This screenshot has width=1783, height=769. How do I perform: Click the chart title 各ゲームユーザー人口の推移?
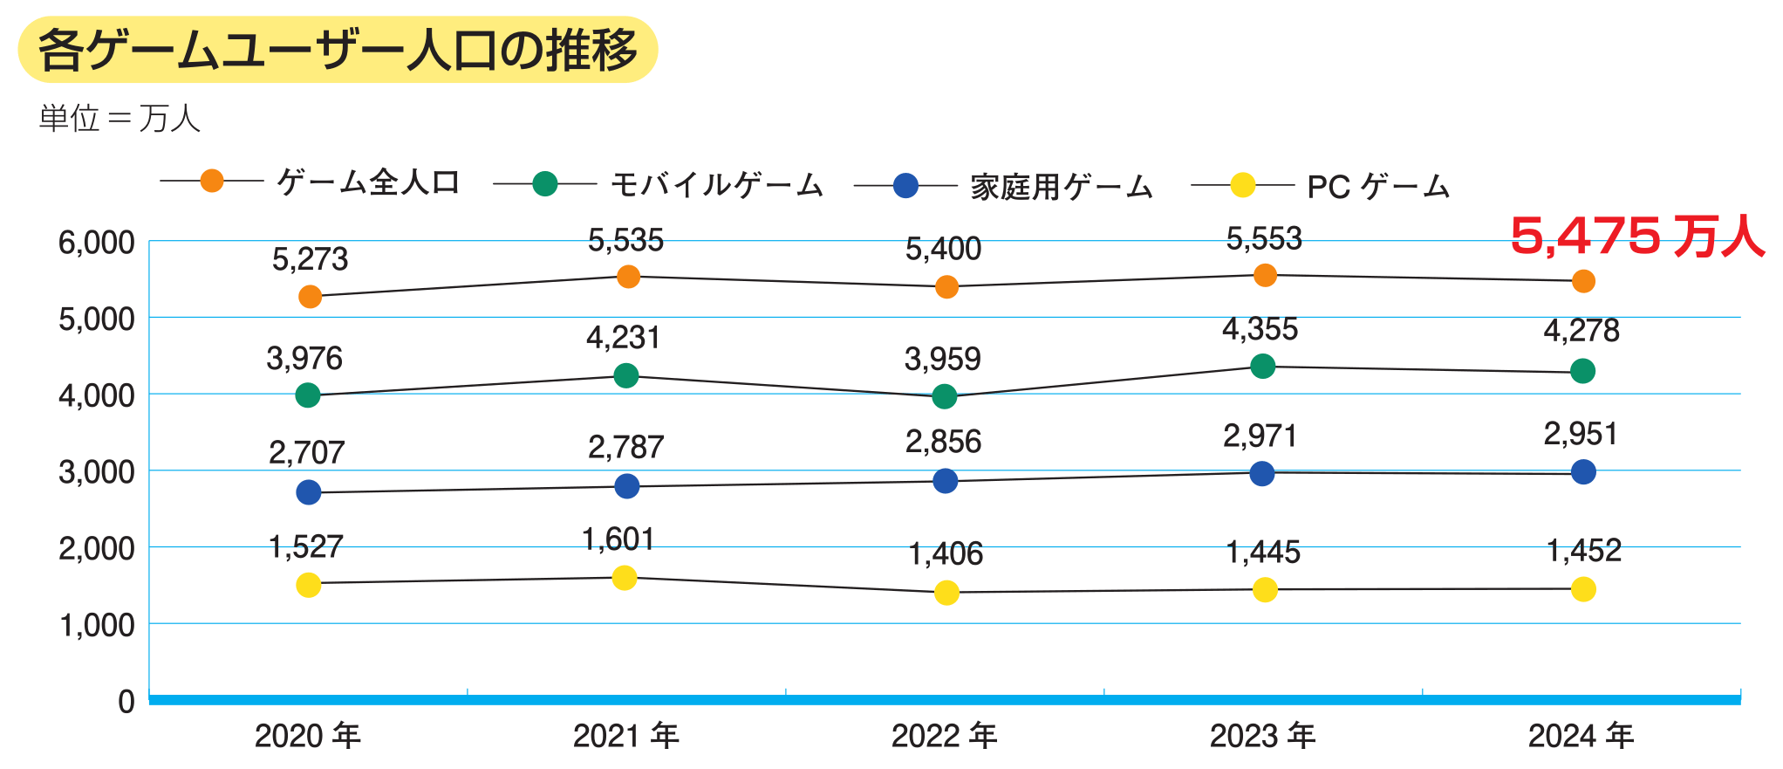pyautogui.click(x=338, y=50)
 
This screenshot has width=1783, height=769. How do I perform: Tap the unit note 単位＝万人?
pyautogui.click(x=120, y=118)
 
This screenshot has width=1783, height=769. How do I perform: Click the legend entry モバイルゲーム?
pyautogui.click(x=715, y=184)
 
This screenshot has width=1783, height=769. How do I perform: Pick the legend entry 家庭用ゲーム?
pyautogui.click(x=1061, y=186)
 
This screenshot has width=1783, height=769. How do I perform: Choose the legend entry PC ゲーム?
pyautogui.click(x=1377, y=186)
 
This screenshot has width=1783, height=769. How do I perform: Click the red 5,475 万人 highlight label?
pyautogui.click(x=1636, y=236)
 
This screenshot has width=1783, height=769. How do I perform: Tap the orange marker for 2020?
pyautogui.click(x=310, y=297)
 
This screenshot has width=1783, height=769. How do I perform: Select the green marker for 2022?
pyautogui.click(x=945, y=397)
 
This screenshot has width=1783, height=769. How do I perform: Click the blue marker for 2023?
pyautogui.click(x=1262, y=474)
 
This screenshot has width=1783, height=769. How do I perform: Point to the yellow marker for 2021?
pyautogui.click(x=625, y=578)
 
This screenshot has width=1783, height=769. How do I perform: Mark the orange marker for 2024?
pyautogui.click(x=1583, y=281)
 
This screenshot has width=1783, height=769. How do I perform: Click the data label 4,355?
pyautogui.click(x=1260, y=329)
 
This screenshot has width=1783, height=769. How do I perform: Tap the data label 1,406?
pyautogui.click(x=946, y=553)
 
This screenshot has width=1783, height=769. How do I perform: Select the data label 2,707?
pyautogui.click(x=306, y=452)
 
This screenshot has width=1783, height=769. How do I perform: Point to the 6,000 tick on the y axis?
pyautogui.click(x=96, y=243)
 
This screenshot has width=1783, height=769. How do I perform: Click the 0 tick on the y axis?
pyautogui.click(x=126, y=701)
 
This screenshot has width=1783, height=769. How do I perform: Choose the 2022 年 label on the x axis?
pyautogui.click(x=944, y=736)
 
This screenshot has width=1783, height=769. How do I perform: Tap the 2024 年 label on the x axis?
pyautogui.click(x=1581, y=736)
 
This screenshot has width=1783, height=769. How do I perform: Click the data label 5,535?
pyautogui.click(x=625, y=240)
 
